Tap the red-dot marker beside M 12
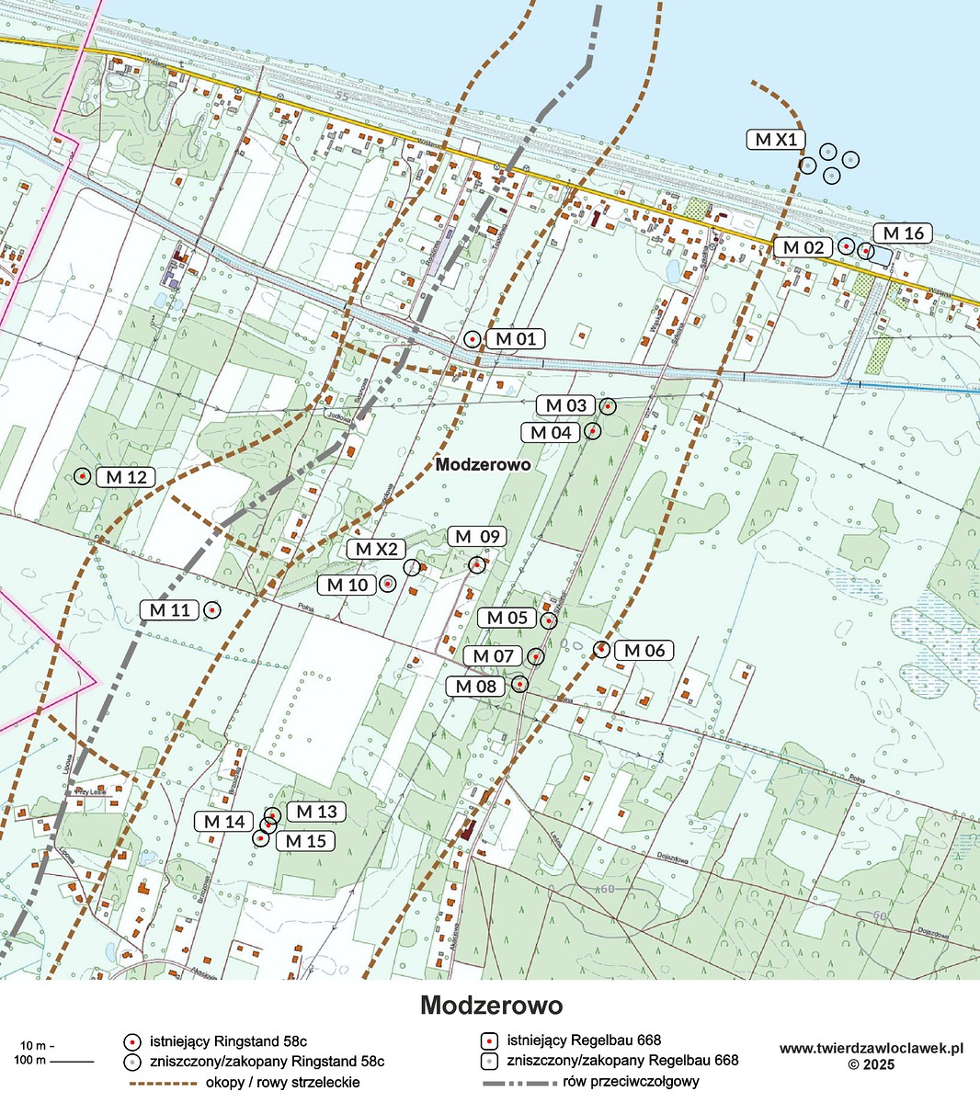coord(83,476)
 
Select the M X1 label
coord(776,140)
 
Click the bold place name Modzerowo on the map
coord(483,465)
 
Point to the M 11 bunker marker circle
coord(212,609)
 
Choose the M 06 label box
coord(644,651)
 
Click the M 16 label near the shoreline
coord(902,233)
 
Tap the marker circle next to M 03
coord(607,405)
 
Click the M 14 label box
coord(223,822)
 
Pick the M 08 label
coord(475,686)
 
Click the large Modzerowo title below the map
coord(491,1005)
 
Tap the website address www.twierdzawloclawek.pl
coord(871,1048)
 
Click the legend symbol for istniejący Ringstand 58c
coord(132,1041)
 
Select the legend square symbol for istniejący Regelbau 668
coord(490,1041)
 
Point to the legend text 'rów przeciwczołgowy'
coord(632,1082)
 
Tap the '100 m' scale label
coord(31,1062)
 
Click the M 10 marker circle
coord(387,584)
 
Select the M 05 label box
coord(507,618)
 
